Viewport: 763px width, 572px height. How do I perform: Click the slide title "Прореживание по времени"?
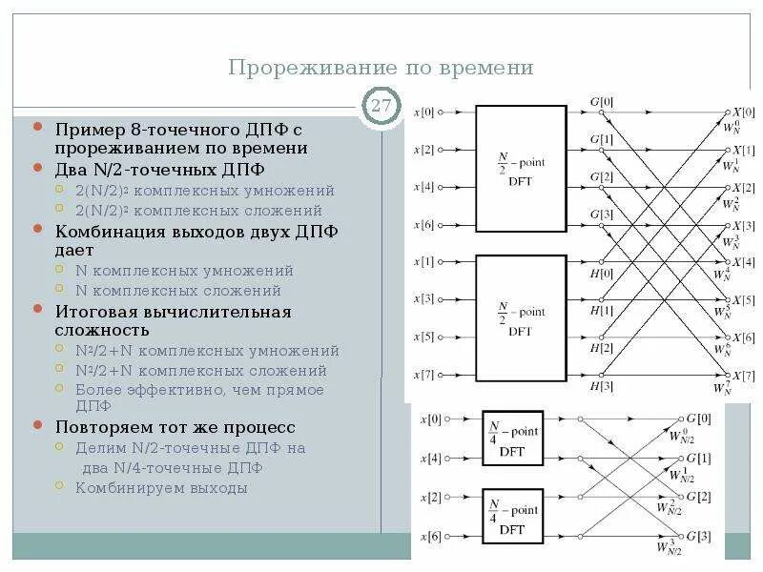click(381, 69)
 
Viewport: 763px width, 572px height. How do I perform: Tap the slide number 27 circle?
click(381, 106)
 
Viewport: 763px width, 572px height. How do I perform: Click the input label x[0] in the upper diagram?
click(423, 112)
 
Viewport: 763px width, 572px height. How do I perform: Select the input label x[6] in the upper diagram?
click(423, 225)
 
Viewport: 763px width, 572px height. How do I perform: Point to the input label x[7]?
click(423, 375)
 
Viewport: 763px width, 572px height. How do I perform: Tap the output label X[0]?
click(743, 112)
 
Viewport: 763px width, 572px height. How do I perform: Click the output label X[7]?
click(743, 375)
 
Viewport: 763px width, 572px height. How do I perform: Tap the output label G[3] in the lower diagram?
click(698, 536)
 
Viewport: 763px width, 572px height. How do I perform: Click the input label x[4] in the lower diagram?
click(429, 459)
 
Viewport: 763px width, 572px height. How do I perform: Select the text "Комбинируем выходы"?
click(161, 488)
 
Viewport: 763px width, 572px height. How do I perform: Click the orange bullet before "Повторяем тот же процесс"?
click(37, 426)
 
